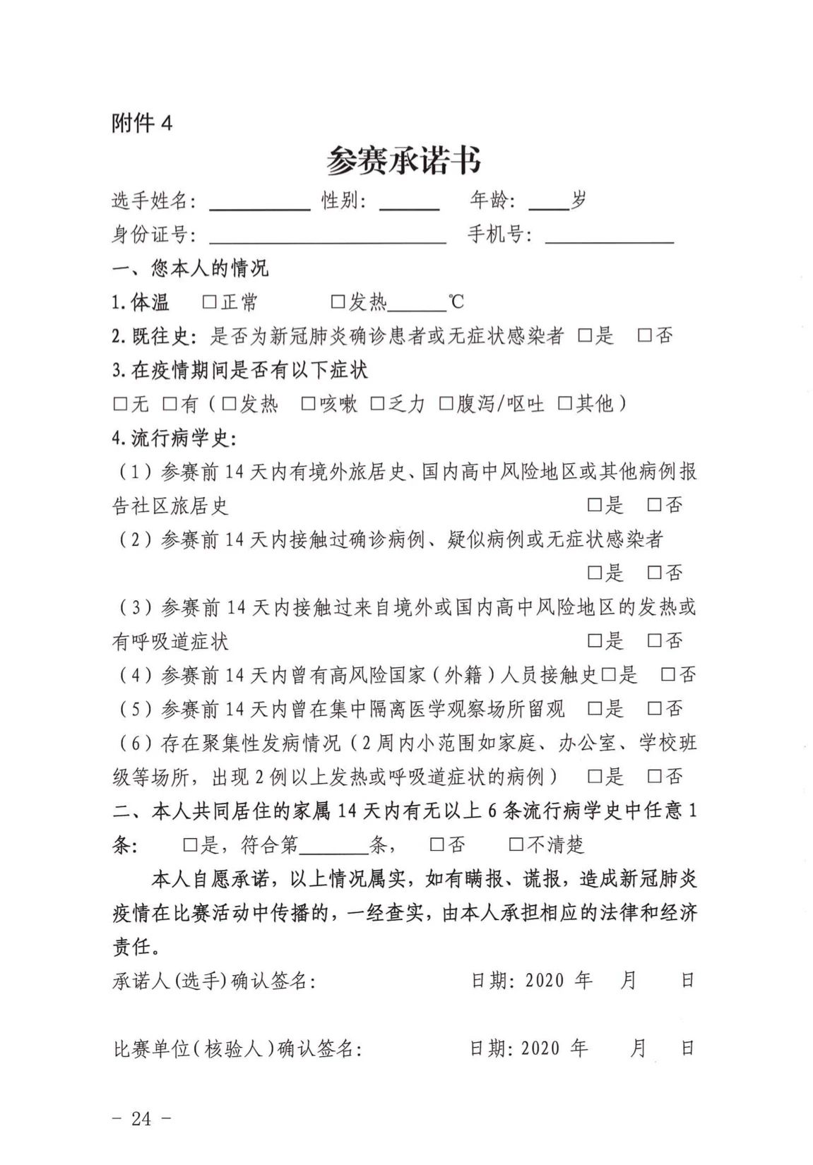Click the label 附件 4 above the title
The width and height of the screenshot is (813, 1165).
pos(141,124)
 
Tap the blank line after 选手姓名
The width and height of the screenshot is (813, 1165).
pos(260,207)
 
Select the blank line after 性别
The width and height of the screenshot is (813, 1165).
pos(410,207)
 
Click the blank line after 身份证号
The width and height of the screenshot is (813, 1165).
pos(327,240)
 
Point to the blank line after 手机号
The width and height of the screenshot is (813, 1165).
pos(610,240)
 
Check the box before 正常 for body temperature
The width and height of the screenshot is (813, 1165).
pos(208,302)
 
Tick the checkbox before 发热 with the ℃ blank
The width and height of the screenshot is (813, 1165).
pos(338,302)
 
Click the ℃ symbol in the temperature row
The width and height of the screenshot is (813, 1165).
pos(456,302)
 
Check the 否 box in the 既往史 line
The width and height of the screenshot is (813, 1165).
pos(644,336)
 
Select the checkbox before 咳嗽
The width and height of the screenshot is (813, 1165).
pos(308,404)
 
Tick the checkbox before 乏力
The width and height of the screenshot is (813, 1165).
pos(377,404)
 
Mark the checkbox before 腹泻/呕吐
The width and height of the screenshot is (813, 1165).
pos(446,404)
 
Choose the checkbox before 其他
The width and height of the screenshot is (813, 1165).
pos(564,404)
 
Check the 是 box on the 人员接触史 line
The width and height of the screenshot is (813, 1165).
pos(607,675)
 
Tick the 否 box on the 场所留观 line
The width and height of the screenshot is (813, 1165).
pos(654,709)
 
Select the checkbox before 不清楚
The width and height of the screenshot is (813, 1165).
pos(516,844)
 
